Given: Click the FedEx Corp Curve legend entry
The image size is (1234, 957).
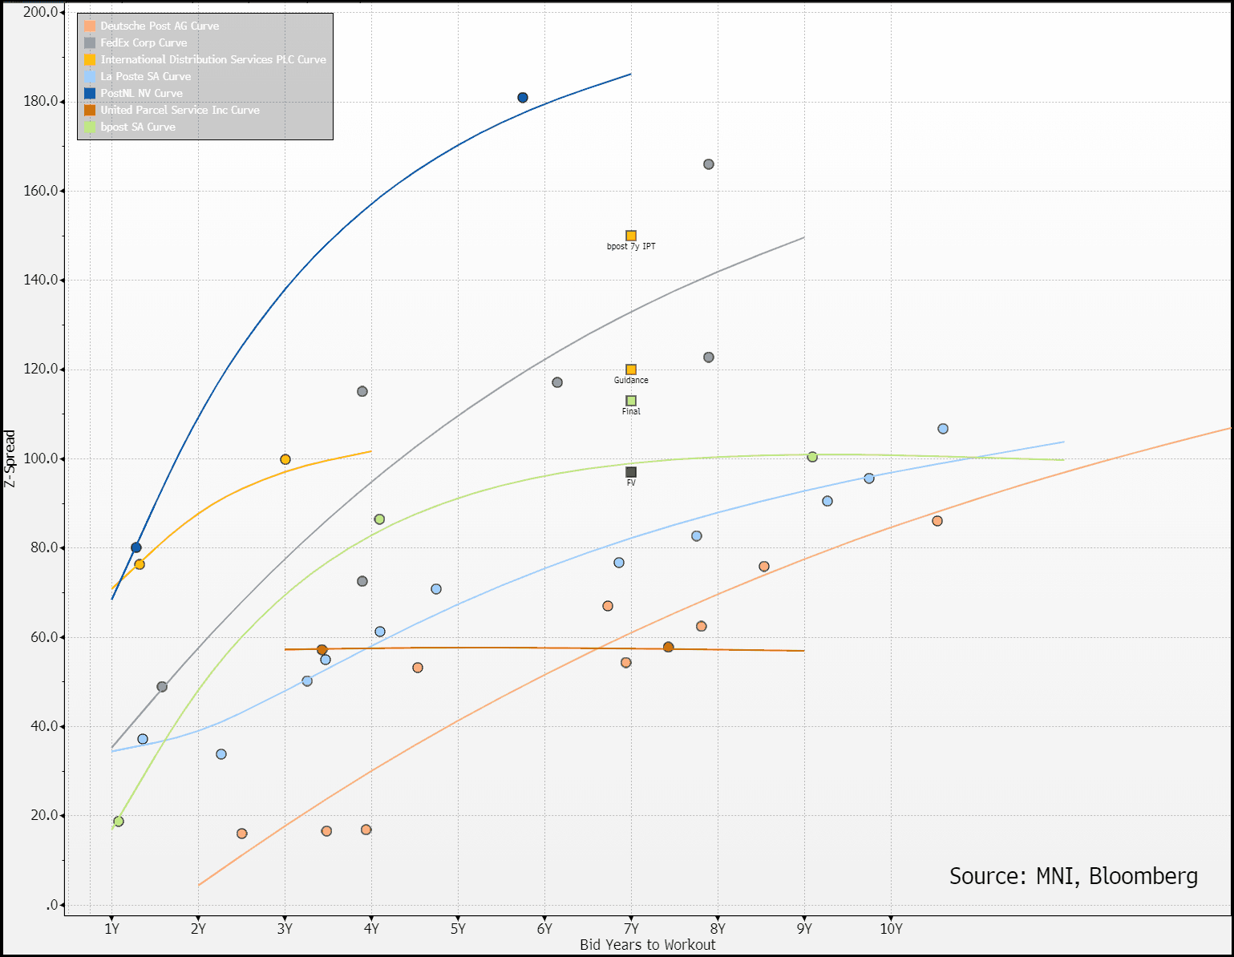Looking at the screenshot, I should click(144, 43).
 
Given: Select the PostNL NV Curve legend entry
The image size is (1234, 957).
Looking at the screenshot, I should click(141, 94).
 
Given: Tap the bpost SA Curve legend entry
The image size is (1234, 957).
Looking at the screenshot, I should click(137, 127).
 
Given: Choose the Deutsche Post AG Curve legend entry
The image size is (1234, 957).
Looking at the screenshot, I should click(160, 26).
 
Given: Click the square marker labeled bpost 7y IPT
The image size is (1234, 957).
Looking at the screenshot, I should click(631, 236).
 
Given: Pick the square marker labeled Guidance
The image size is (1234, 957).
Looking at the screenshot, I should click(631, 369).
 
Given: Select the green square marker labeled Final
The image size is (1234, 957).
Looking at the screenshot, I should click(631, 401).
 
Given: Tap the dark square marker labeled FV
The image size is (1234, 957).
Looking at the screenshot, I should click(631, 472).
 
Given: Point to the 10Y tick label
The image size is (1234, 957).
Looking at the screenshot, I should click(891, 929).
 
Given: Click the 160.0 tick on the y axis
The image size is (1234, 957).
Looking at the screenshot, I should click(42, 191).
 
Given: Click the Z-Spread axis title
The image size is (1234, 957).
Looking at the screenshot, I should click(10, 458).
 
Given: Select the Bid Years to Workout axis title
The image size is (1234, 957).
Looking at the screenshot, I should click(647, 945).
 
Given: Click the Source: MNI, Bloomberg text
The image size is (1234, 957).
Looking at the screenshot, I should click(1073, 876).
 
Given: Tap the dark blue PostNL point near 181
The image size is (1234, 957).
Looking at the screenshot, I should click(523, 98).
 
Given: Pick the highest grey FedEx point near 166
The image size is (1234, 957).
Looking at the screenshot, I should click(709, 164).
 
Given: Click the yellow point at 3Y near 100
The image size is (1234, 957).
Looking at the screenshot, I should click(285, 459).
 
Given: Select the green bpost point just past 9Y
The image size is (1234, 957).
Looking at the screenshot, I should click(812, 457).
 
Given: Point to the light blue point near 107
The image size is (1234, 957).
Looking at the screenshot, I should click(943, 429).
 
